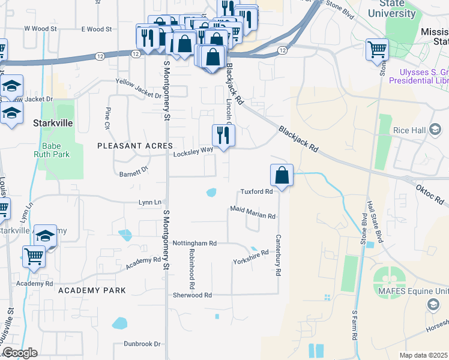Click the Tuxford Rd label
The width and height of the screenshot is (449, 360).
click(257, 192)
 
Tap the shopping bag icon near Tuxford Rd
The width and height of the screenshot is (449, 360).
click(282, 176)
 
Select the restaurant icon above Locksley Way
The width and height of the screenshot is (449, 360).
click(223, 136)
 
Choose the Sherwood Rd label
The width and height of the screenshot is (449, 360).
click(191, 295)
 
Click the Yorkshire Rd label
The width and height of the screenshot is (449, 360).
click(250, 259)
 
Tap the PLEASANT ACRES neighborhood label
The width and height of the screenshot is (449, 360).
click(136, 146)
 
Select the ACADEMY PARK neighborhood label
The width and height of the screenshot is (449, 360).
click(92, 290)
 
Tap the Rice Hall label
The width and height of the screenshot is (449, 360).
click(409, 130)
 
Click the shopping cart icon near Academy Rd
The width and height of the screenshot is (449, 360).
click(34, 257)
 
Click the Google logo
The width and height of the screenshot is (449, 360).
click(20, 353)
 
